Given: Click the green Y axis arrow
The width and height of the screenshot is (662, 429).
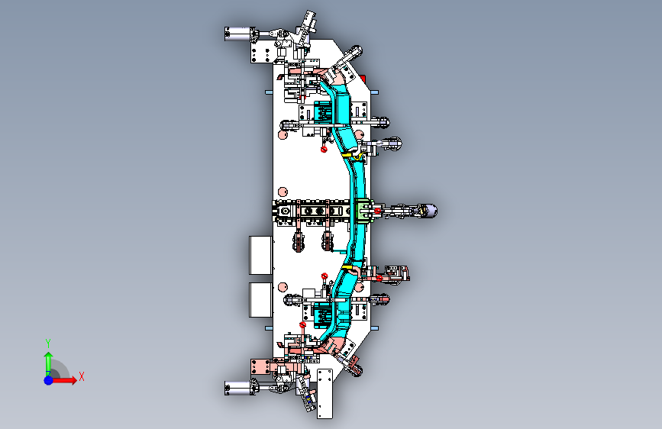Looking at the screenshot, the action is point(47,360).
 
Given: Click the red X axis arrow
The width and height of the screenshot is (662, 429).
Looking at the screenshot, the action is point(67,379).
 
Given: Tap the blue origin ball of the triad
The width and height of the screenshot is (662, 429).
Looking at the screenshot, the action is point(48,379).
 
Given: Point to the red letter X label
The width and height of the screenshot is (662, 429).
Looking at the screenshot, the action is point(81,376).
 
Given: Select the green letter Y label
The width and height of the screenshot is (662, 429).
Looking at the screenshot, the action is point(47,343).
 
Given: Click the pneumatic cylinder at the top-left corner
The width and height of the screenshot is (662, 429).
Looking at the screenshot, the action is point(240,34).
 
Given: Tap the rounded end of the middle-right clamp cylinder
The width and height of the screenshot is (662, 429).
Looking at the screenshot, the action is point(430,211).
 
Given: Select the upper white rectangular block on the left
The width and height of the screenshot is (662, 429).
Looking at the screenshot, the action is point(261,255).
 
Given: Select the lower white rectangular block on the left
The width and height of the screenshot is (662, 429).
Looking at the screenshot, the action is point(261,299).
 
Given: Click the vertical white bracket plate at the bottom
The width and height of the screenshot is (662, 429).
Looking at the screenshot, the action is point(325,394).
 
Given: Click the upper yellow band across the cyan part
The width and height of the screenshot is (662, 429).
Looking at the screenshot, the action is point(348,155).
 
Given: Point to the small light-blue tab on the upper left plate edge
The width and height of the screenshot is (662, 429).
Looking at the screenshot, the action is point(267,92).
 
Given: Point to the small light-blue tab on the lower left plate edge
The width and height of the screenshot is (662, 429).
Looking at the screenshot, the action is point(267,327).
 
